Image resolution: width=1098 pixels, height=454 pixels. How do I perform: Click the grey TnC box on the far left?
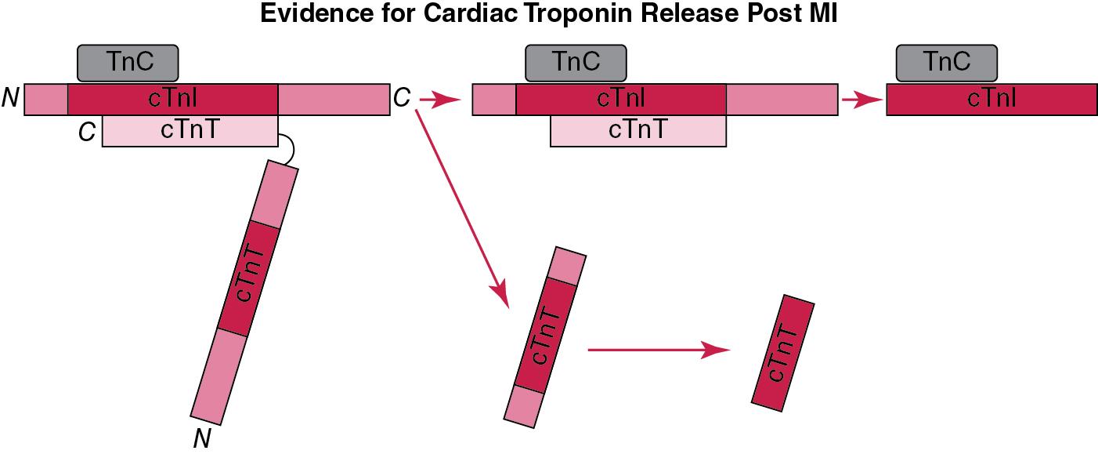[128, 63]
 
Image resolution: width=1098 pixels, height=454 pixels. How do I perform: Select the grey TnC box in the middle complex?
[576, 63]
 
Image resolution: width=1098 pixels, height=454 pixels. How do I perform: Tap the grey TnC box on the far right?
[946, 63]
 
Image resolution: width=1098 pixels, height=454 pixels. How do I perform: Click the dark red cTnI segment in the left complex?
[172, 99]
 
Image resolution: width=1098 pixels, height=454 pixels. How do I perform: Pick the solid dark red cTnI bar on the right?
[991, 99]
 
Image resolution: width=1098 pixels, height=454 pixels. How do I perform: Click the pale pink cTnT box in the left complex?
[190, 131]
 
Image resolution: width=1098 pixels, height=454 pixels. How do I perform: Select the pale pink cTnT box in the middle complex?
[637, 131]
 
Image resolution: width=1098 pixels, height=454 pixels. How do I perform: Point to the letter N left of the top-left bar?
[11, 100]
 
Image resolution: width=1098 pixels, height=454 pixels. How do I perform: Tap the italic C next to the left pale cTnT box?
[87, 133]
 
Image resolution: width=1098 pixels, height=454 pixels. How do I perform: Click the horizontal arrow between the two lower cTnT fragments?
[658, 350]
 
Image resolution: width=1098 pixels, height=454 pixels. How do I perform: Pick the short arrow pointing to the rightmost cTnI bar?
[861, 100]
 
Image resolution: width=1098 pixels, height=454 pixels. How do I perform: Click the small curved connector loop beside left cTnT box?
[287, 149]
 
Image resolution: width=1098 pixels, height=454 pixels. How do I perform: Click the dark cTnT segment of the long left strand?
[244, 280]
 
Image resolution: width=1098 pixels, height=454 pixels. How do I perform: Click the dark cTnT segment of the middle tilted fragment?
[545, 336]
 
